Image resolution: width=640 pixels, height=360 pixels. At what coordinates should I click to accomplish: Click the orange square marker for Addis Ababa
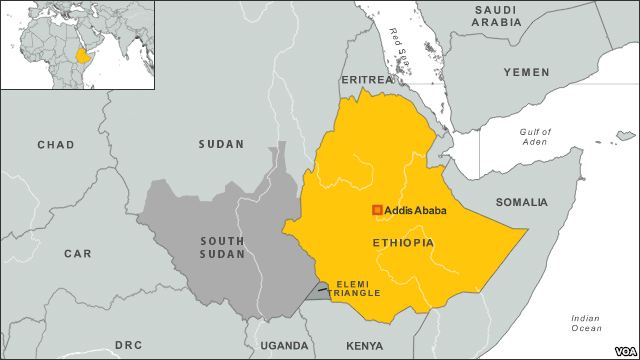377,210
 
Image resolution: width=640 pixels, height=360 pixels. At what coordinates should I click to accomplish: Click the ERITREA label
366,78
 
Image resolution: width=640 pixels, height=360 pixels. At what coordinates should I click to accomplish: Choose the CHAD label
55,145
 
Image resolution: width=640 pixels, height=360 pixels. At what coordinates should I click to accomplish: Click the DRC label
128,345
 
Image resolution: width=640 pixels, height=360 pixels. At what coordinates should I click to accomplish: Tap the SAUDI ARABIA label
498,18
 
